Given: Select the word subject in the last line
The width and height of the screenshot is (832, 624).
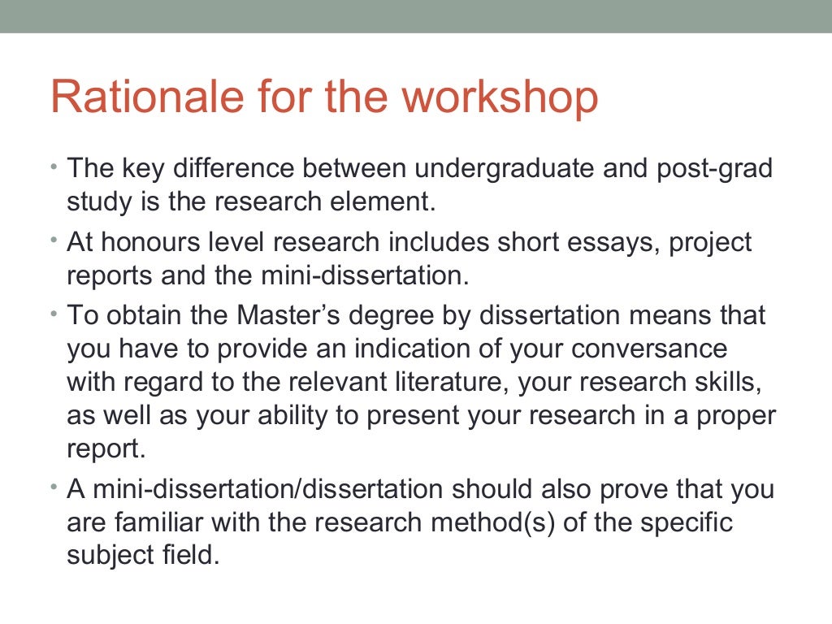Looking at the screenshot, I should [112, 557].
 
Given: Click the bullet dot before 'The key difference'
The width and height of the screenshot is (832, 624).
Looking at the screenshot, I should [54, 167].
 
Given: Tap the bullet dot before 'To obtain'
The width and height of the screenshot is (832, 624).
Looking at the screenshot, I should [54, 312].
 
